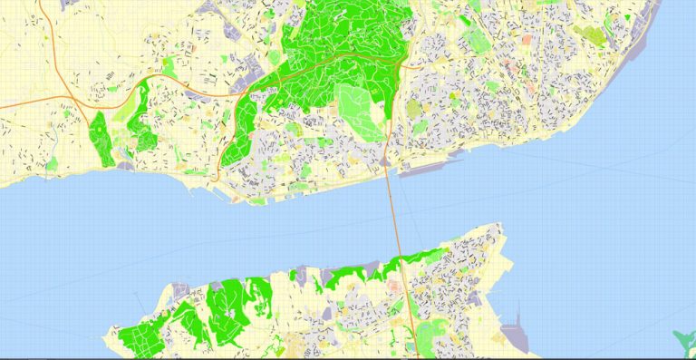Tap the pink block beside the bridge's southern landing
point(395,286)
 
